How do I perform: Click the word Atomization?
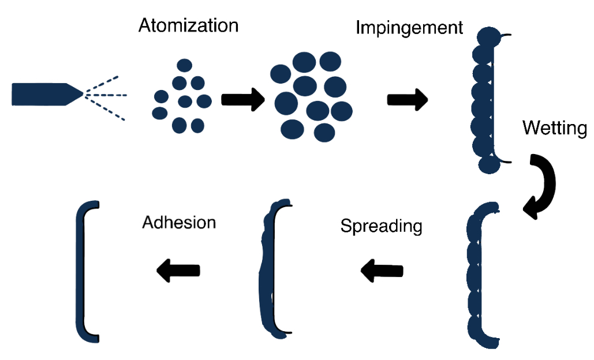point(188,26)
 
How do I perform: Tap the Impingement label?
point(409,28)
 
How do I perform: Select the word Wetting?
point(555,128)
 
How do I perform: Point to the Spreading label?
point(381,226)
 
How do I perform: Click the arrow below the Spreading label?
point(382,270)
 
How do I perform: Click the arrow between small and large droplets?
point(242,100)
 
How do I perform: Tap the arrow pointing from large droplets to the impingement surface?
point(408,100)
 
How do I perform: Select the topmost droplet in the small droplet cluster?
point(184,66)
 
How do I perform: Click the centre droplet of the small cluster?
point(185,102)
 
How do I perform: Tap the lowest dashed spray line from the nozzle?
point(107,110)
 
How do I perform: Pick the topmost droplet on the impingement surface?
point(490,36)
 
